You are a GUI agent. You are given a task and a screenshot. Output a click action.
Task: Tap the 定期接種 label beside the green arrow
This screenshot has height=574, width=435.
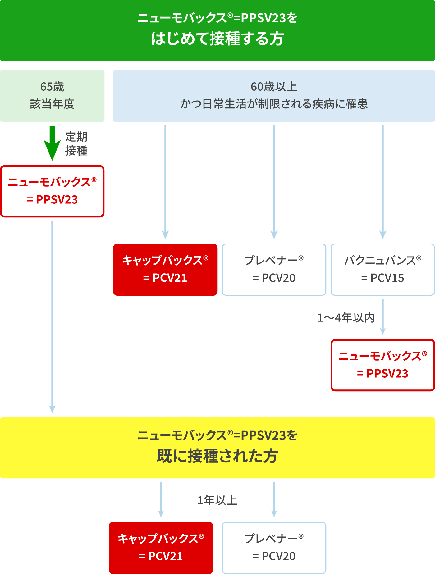coord(76,143)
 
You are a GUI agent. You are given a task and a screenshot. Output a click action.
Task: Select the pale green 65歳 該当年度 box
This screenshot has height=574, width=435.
coord(52,95)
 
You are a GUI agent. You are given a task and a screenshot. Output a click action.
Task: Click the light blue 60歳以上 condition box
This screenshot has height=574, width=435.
coord(274,95)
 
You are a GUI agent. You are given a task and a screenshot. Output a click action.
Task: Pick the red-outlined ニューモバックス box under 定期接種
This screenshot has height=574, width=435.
coord(52,191)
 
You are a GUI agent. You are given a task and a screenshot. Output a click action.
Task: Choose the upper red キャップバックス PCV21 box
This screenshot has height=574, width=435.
coord(165,269)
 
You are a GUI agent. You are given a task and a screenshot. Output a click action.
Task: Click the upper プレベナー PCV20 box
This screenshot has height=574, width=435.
coord(274,269)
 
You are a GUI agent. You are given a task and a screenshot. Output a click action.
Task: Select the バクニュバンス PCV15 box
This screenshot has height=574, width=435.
coord(382,269)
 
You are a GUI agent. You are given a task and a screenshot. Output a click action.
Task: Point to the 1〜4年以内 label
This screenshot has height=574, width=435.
coord(346,318)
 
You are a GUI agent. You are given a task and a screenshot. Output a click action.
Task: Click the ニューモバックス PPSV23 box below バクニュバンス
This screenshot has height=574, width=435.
coord(382,365)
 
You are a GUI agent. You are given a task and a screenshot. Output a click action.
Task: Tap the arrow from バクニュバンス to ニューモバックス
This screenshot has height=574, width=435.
coord(383,317)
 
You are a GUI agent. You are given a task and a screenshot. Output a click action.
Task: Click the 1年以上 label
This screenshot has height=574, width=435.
coord(217,500)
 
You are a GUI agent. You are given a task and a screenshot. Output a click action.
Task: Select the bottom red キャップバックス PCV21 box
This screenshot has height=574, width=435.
coord(161,548)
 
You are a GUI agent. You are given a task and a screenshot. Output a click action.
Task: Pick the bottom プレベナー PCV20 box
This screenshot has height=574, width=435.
coord(274,548)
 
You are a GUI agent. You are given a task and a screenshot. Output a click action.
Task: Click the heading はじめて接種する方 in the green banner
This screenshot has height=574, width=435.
coord(217,39)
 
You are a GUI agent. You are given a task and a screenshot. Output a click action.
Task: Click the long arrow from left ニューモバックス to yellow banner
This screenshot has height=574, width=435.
coord(52,317)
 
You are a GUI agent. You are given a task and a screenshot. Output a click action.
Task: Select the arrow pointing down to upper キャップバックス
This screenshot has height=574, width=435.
coord(165,182)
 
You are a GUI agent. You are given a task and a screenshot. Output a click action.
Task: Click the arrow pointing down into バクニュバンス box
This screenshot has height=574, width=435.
coord(383,182)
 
